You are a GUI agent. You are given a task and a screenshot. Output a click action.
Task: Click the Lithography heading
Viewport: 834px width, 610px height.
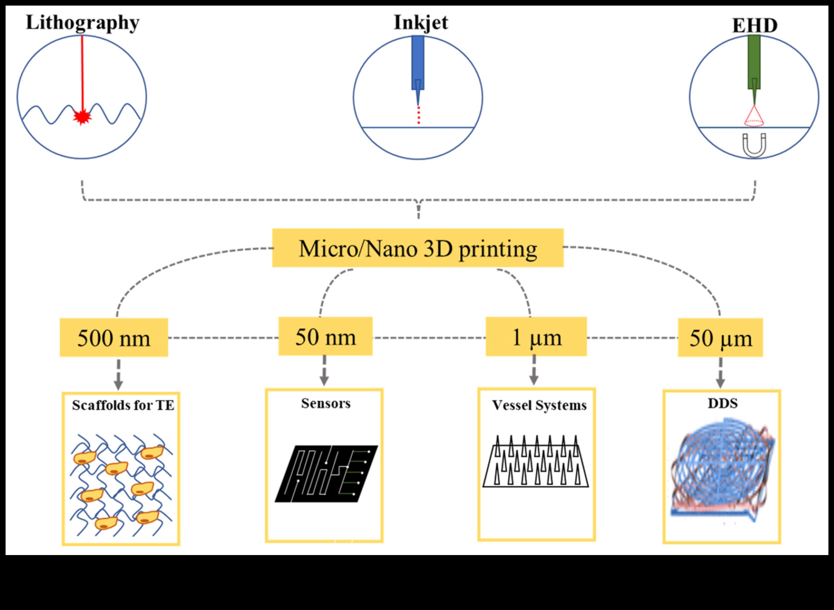82,23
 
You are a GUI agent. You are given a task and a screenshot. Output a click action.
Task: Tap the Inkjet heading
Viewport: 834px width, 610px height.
421,23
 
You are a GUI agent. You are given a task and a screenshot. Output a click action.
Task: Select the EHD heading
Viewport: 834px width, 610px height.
754,26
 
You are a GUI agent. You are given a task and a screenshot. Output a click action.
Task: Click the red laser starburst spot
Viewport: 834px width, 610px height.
82,117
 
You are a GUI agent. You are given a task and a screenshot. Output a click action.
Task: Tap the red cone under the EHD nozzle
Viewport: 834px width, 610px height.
754,117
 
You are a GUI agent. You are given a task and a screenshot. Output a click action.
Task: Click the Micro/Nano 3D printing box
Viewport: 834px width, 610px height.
418,248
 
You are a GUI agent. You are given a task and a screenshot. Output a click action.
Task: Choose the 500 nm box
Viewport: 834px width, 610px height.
114,337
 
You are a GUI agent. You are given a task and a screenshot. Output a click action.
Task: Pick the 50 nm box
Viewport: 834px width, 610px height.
325,336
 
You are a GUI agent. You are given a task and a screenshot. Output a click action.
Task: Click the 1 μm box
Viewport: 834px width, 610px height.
536,337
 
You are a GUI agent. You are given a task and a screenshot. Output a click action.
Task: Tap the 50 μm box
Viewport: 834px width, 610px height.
720,337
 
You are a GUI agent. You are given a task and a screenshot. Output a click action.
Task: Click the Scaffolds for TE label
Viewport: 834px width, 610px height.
123,406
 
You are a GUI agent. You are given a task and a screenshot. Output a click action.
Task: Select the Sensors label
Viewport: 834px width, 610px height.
325,404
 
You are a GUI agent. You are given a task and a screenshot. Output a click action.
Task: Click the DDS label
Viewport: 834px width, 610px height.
722,404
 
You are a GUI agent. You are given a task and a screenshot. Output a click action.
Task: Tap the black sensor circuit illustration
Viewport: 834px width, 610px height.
326,474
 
